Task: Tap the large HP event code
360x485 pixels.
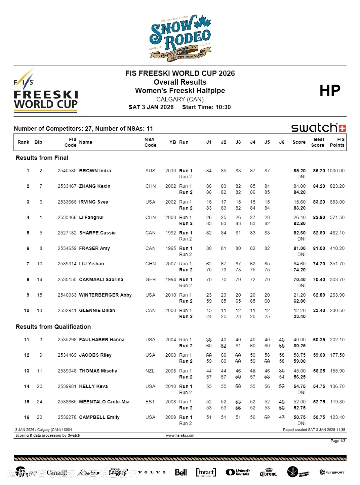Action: click(x=330, y=91)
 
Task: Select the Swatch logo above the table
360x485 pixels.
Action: click(x=318, y=128)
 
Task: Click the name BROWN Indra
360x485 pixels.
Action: click(x=95, y=171)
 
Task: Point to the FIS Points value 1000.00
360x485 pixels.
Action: click(x=336, y=171)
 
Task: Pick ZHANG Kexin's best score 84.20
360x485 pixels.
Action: click(x=319, y=186)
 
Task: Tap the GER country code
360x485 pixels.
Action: click(x=151, y=279)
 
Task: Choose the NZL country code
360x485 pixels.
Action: click(x=150, y=371)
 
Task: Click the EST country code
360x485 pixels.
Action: click(x=150, y=402)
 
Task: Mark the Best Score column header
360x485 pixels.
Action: click(x=318, y=142)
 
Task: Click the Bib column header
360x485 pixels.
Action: click(x=38, y=142)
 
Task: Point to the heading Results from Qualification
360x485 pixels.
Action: click(x=53, y=327)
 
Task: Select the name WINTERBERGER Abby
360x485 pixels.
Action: click(x=105, y=295)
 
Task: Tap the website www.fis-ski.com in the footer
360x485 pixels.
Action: click(x=180, y=435)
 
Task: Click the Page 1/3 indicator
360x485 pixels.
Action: click(x=338, y=441)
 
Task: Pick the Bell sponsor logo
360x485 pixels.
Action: click(x=181, y=472)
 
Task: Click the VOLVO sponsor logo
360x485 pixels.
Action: click(x=152, y=472)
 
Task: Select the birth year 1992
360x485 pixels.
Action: click(x=170, y=233)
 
